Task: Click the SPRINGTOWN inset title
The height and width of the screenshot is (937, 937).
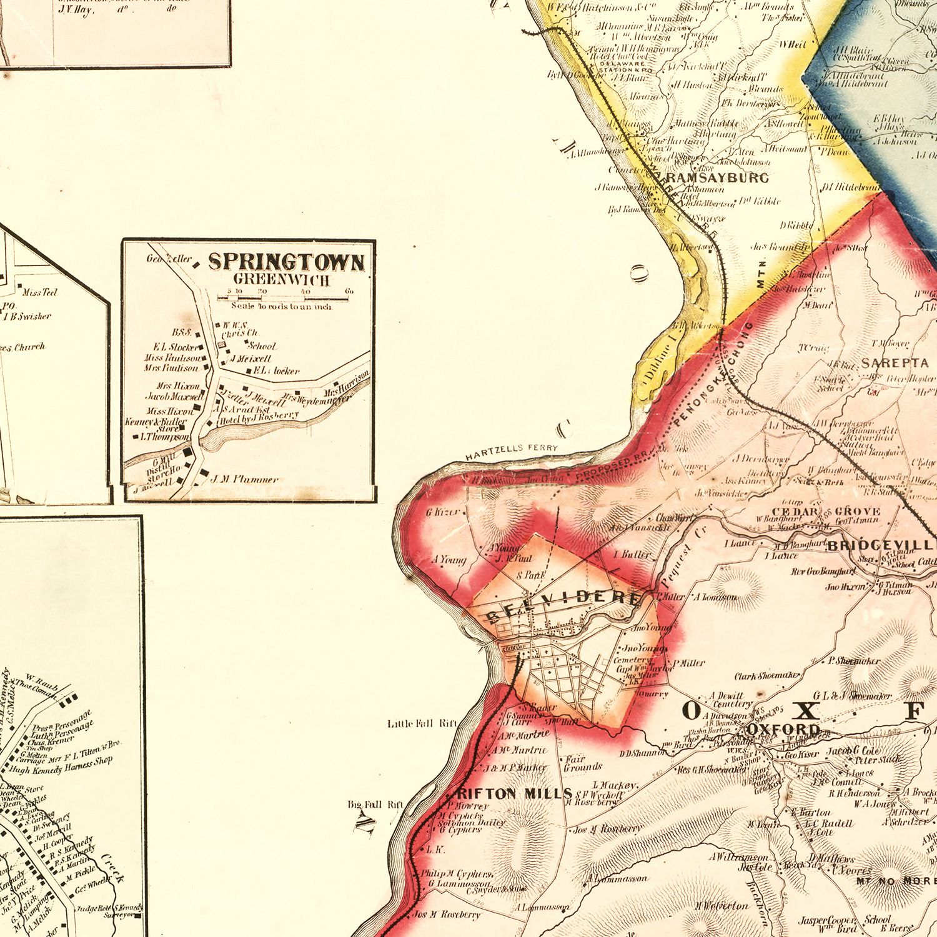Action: point(285,262)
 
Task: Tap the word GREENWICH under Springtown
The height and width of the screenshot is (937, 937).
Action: point(282,280)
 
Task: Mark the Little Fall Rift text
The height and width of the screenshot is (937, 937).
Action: point(422,723)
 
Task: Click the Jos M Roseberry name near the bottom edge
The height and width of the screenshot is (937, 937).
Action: point(447,915)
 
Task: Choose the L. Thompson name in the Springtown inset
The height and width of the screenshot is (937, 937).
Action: point(164,437)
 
